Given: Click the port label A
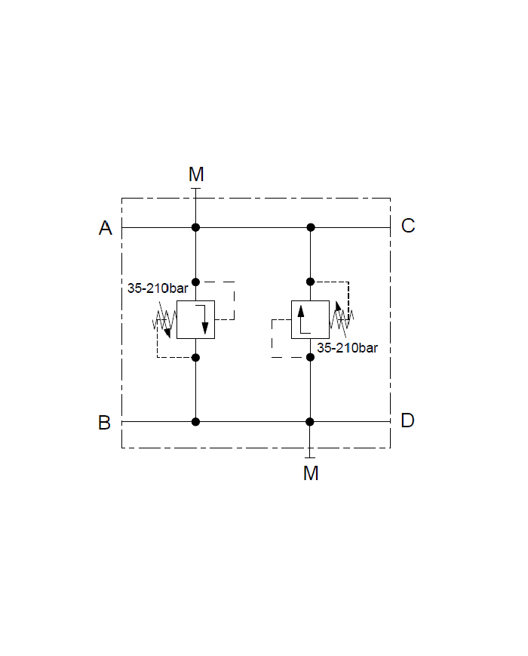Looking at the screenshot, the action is click(106, 228).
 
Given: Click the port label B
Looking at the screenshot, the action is click(105, 423).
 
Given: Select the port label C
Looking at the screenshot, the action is click(408, 226).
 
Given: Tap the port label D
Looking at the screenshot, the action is click(407, 420).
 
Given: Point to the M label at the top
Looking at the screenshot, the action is click(196, 175).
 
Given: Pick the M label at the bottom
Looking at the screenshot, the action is click(311, 473).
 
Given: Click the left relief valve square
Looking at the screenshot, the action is click(195, 319).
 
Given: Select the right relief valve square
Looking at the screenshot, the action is click(310, 319).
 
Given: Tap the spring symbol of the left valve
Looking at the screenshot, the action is click(163, 321).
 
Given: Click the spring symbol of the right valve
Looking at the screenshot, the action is click(342, 319).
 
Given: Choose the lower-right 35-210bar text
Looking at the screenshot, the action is click(347, 349).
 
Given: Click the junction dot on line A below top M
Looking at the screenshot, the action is click(195, 227).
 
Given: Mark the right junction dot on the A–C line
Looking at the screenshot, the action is click(310, 227).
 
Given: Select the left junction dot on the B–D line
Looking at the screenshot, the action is click(195, 421).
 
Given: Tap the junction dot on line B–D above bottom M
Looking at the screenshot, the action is click(310, 421).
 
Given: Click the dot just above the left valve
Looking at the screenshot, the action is click(195, 282).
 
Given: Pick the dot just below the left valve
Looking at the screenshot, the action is click(195, 357).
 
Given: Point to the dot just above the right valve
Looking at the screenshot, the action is click(310, 282).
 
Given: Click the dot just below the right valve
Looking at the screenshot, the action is click(310, 357).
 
